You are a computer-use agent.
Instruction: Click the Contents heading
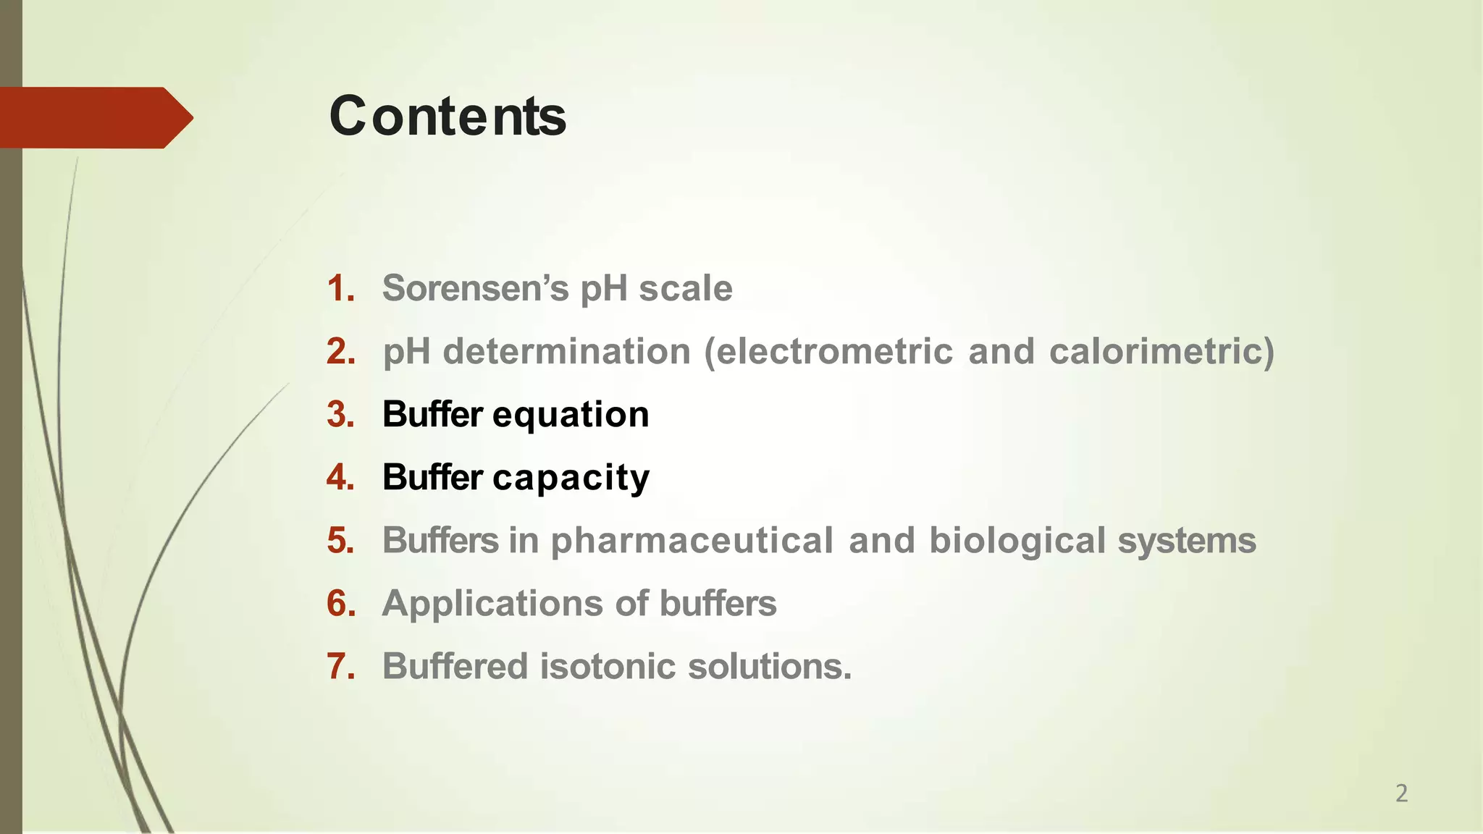click(x=448, y=117)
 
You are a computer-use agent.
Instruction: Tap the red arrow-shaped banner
click(x=94, y=117)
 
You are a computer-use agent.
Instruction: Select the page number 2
click(x=1401, y=793)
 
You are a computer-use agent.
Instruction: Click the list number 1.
click(x=341, y=288)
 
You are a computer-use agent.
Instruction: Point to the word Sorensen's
click(x=475, y=288)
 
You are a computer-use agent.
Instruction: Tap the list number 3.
click(x=341, y=414)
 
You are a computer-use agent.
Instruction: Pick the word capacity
click(x=571, y=479)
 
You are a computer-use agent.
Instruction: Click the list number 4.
click(x=341, y=477)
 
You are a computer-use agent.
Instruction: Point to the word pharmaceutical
click(x=692, y=542)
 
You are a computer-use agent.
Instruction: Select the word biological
click(x=1017, y=542)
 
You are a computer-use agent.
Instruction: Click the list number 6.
click(x=341, y=603)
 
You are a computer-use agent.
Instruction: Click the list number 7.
click(x=341, y=666)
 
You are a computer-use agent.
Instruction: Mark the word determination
click(x=566, y=351)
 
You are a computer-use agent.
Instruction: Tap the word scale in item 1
click(x=685, y=288)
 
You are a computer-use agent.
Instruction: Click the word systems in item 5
click(x=1186, y=542)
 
